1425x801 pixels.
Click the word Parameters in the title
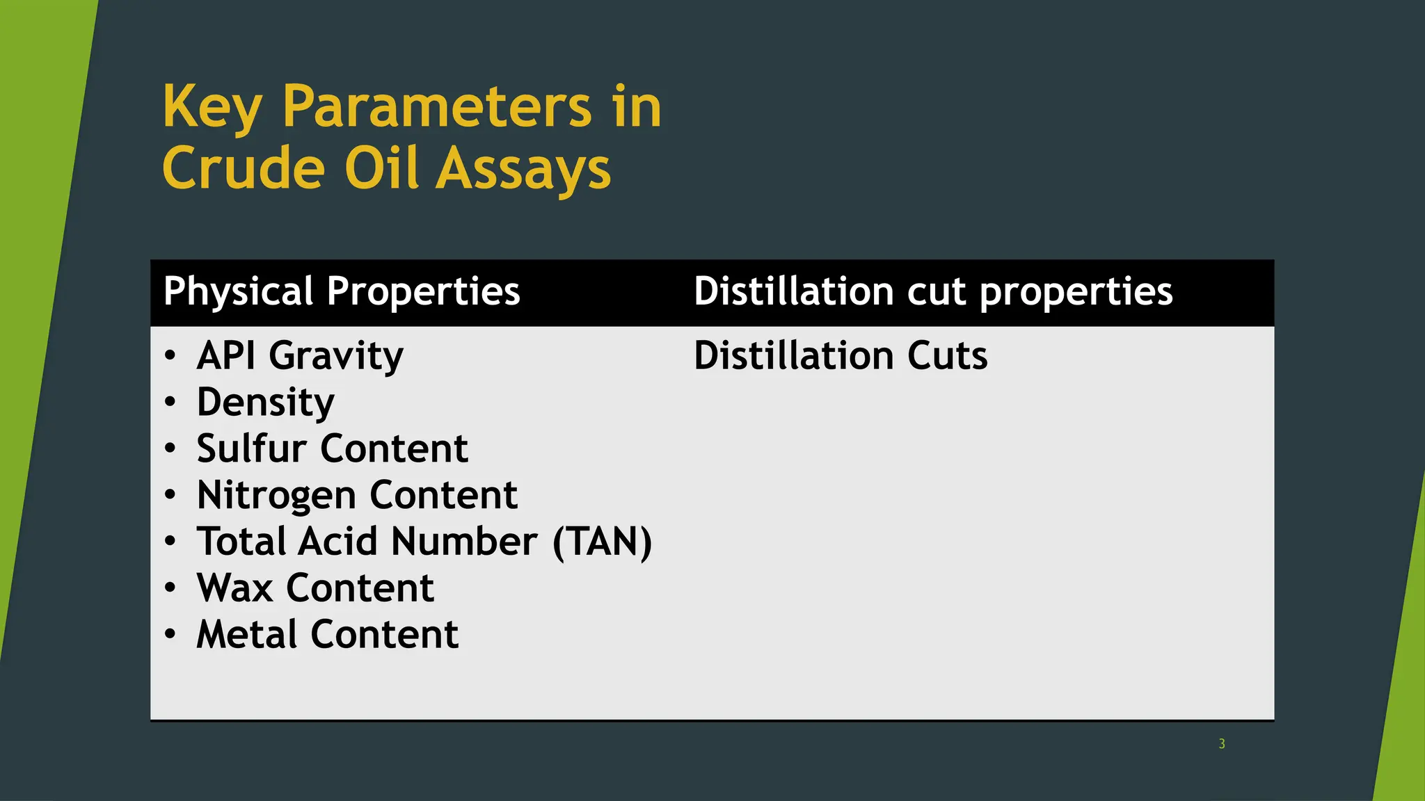click(436, 107)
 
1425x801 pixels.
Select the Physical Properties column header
click(342, 291)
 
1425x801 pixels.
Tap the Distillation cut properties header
click(932, 291)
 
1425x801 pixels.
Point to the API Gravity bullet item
click(300, 356)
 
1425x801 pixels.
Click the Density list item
click(265, 403)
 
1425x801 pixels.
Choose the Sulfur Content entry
click(332, 448)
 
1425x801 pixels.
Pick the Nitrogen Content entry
click(357, 495)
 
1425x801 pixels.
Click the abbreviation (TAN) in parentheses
click(602, 542)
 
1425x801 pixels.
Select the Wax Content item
click(315, 588)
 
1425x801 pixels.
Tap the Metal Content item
click(327, 634)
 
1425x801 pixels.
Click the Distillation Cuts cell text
click(840, 356)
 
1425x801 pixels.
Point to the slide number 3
click(1222, 744)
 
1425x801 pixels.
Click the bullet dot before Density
click(170, 402)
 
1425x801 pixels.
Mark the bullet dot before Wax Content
click(170, 588)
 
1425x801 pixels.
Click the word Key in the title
click(212, 107)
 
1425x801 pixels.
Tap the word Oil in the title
click(382, 169)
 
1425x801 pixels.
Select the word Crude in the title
click(244, 169)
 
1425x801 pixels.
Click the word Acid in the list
click(338, 542)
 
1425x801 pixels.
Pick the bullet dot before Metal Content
click(170, 634)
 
